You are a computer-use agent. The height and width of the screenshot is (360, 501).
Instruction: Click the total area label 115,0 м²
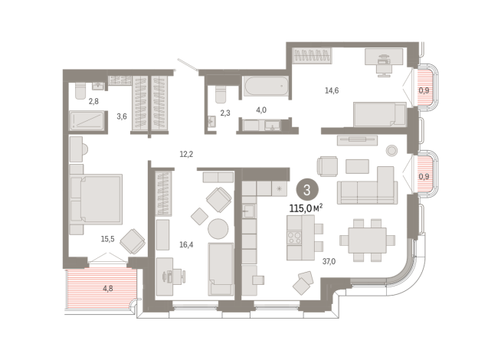pos(306,208)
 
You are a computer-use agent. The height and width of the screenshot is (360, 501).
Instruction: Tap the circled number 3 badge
pos(307,190)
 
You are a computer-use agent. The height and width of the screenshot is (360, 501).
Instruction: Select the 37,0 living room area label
pos(329,262)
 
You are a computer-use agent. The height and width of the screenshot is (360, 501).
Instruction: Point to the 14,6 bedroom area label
pos(332,90)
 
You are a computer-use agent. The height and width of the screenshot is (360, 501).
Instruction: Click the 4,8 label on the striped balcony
pos(108,289)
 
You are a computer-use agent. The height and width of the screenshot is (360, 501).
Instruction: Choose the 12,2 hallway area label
pos(186,154)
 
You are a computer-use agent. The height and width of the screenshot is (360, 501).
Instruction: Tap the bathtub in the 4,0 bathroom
pos(266,86)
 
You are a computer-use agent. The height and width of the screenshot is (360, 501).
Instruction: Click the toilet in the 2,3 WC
pos(221,94)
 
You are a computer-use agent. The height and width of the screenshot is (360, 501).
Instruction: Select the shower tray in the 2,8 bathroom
pos(87,120)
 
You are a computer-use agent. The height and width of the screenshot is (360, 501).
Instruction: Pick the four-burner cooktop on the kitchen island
pos(294,238)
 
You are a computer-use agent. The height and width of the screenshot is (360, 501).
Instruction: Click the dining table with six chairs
pos(367,241)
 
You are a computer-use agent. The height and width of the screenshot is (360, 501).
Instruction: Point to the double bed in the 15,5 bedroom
pos(96,198)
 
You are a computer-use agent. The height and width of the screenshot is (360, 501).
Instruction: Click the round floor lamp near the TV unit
pos(391,150)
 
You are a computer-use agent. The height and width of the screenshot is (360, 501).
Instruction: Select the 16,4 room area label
pos(186,245)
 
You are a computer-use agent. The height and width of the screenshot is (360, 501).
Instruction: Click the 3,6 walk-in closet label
pos(122,116)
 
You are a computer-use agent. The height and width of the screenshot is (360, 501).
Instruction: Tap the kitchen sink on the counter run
pos(248,211)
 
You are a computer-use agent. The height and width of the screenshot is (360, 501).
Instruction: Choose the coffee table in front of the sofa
pos(357,166)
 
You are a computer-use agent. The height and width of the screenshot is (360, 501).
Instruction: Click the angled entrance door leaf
pos(187,64)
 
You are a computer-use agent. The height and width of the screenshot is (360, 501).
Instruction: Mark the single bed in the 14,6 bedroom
pos(380,114)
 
